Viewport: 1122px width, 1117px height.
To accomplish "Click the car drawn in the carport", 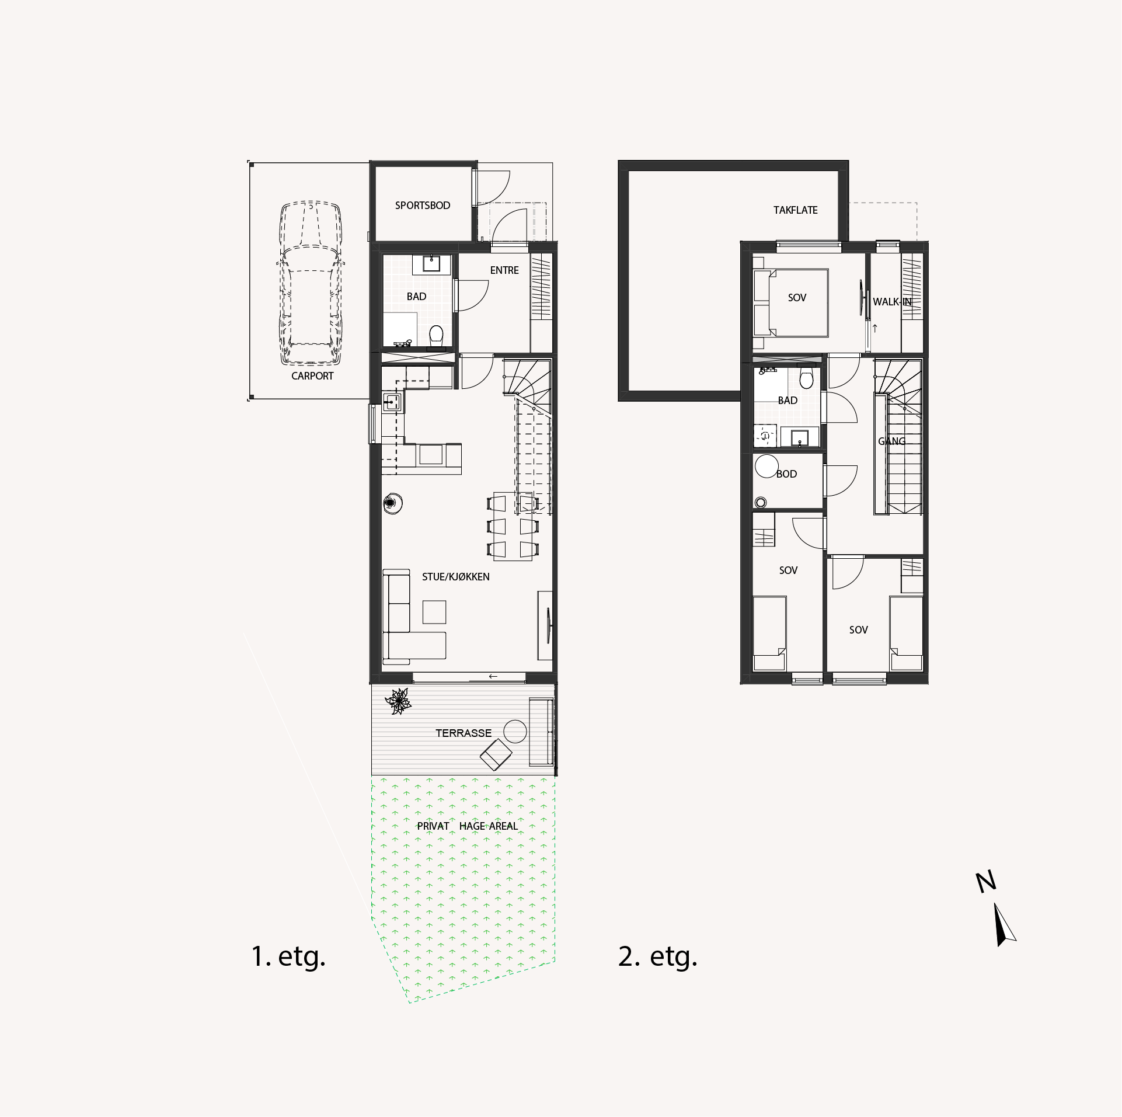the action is (x=310, y=283).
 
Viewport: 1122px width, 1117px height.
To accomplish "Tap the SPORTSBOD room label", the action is (x=423, y=206).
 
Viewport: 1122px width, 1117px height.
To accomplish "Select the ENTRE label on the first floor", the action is (x=504, y=270).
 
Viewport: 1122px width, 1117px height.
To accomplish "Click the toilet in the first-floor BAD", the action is (x=436, y=336).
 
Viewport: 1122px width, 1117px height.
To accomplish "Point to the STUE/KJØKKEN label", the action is (x=456, y=577).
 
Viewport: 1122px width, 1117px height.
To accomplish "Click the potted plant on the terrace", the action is (x=399, y=701).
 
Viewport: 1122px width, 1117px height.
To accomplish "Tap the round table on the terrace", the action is (x=515, y=731).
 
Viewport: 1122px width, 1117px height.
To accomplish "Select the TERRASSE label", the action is (x=464, y=733).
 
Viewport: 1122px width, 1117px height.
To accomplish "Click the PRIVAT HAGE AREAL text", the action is (x=467, y=826).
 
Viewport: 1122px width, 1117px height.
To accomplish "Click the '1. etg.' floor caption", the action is (x=288, y=957).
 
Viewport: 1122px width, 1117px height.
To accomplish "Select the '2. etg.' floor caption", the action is (x=658, y=957).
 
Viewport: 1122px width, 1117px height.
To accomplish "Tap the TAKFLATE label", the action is (x=795, y=210).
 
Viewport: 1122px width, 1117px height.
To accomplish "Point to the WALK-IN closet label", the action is (x=892, y=302).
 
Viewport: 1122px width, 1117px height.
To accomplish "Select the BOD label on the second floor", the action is (x=786, y=474).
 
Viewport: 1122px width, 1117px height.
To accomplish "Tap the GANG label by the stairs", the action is (x=892, y=441).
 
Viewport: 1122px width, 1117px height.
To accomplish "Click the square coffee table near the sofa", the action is (x=434, y=612).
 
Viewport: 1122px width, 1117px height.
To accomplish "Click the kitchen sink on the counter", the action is (x=391, y=401).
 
